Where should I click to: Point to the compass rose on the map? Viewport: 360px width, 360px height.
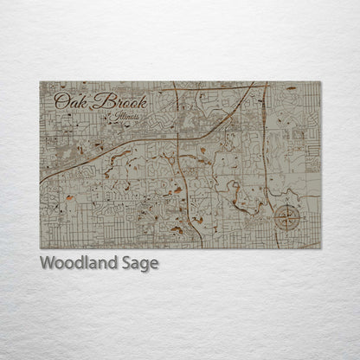[287, 217]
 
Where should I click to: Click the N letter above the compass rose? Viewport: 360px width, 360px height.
[288, 202]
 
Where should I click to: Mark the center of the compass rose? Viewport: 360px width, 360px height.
[287, 218]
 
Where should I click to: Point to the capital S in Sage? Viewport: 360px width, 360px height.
[128, 264]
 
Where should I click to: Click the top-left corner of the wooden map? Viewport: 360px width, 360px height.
[40, 82]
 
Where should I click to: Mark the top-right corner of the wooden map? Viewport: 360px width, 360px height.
[321, 82]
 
